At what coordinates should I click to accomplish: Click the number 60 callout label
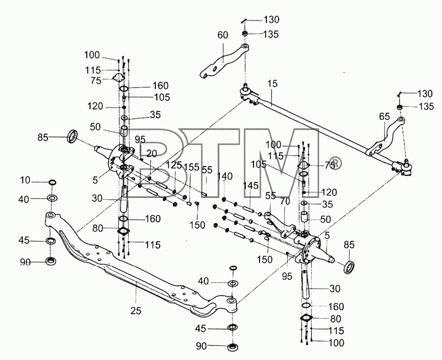[223, 35]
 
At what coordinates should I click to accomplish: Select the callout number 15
[272, 84]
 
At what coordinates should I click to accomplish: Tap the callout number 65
[384, 116]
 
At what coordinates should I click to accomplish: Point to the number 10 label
[25, 180]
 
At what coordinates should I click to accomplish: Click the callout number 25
[136, 311]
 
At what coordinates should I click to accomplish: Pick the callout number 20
[151, 154]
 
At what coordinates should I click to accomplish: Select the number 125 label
[174, 165]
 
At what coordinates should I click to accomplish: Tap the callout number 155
[191, 167]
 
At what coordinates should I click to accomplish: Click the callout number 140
[225, 176]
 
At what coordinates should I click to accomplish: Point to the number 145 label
[251, 185]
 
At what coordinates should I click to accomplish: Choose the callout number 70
[285, 201]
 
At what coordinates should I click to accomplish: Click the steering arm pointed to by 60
[223, 61]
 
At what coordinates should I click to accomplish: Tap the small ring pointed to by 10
[52, 182]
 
